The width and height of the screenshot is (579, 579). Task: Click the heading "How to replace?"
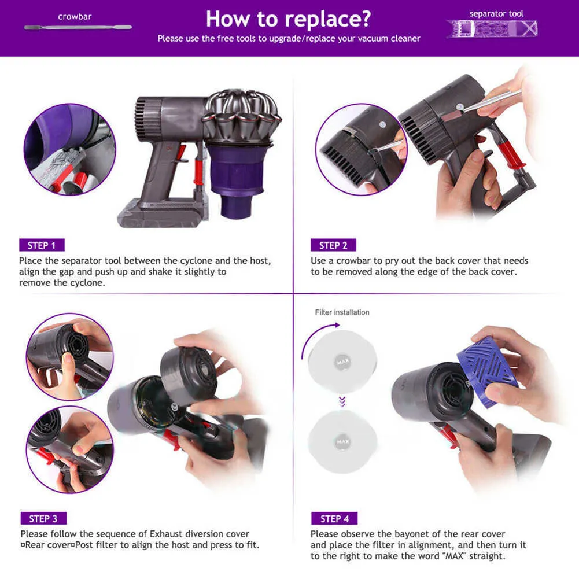click(x=288, y=19)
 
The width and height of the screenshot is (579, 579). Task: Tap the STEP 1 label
click(x=42, y=245)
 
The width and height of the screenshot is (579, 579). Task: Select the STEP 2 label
click(x=333, y=245)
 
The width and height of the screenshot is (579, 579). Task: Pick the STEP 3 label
click(x=43, y=518)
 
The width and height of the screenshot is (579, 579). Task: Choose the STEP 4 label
click(x=334, y=518)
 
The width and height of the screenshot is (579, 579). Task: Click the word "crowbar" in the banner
click(x=75, y=17)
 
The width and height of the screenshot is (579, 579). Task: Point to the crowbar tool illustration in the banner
click(x=78, y=27)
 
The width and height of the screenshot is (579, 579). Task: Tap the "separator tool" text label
click(x=496, y=14)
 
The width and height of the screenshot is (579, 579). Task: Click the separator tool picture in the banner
click(x=492, y=29)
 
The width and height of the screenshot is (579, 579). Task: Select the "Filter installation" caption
click(x=342, y=312)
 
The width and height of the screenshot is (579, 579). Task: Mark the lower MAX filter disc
click(x=342, y=441)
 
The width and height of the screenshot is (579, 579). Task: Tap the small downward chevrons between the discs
click(x=342, y=402)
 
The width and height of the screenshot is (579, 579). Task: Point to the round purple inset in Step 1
click(x=70, y=149)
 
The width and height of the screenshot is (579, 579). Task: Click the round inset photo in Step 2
click(x=361, y=149)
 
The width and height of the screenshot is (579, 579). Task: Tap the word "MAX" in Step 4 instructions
click(x=453, y=556)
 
